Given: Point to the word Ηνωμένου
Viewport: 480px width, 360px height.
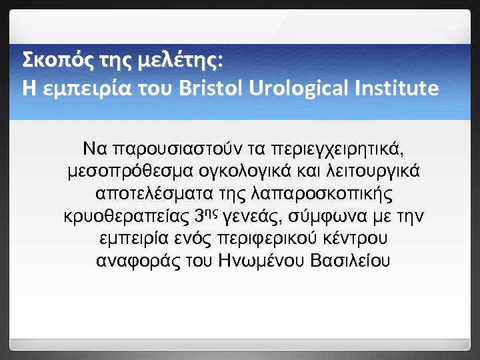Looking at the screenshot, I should (264, 262).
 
